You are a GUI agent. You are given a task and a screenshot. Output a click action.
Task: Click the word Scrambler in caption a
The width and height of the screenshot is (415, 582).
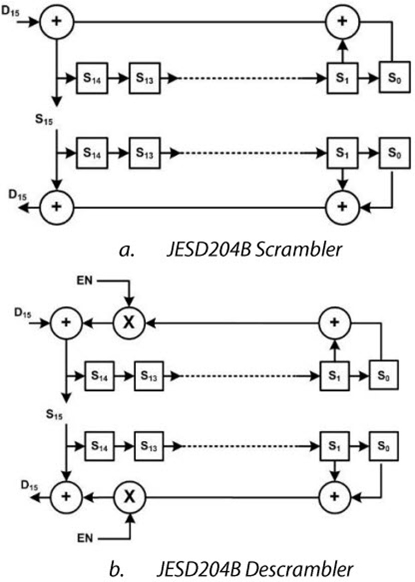point(298,250)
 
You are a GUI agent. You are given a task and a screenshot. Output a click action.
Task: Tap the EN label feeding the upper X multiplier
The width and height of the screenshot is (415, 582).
point(84,281)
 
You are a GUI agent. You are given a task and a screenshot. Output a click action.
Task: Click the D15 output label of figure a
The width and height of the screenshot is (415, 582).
point(18,195)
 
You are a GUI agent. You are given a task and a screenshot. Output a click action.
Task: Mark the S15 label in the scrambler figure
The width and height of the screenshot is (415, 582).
point(44,120)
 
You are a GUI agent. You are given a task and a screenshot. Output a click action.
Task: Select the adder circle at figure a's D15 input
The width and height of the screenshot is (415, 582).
point(57,22)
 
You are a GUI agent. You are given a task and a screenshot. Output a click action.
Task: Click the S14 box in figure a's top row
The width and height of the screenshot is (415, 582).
point(92,78)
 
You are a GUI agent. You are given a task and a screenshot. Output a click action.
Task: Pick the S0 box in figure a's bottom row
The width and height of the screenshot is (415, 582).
point(395,153)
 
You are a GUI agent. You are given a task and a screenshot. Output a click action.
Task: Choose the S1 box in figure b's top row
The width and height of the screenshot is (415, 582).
point(335,375)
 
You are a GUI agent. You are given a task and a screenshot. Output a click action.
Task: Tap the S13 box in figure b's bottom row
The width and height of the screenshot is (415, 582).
point(149,446)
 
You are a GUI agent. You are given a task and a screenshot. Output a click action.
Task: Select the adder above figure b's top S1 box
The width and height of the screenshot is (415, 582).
point(335,323)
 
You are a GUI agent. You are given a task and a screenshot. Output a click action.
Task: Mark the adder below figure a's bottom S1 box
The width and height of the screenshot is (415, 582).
point(343,207)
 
